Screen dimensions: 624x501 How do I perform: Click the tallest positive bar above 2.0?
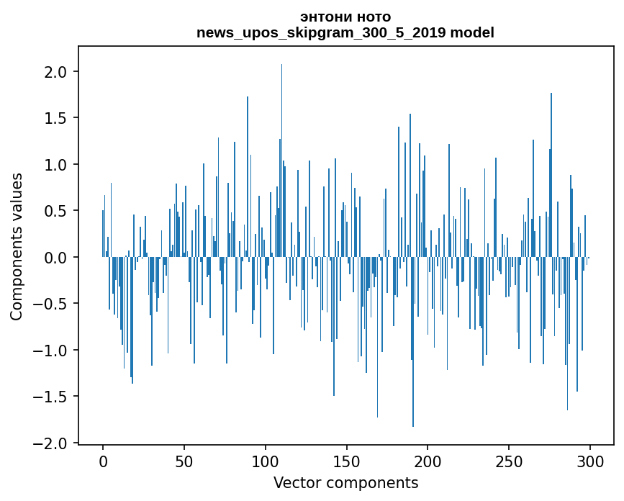(x=281, y=161)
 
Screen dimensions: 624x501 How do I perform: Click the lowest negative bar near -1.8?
(x=413, y=342)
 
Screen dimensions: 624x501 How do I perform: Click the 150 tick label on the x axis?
(x=346, y=462)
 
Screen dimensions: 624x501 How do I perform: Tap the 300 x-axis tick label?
(x=589, y=462)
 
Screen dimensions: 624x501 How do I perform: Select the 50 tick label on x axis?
(x=184, y=462)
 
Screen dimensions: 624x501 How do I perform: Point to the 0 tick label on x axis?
(x=103, y=462)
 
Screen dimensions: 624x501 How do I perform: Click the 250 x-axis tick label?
(x=509, y=462)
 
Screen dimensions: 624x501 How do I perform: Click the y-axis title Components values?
(x=17, y=247)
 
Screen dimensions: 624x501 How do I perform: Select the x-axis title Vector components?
(x=345, y=483)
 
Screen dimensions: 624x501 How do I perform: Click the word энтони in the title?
(x=326, y=17)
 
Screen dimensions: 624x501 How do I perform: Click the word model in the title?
(x=472, y=32)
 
